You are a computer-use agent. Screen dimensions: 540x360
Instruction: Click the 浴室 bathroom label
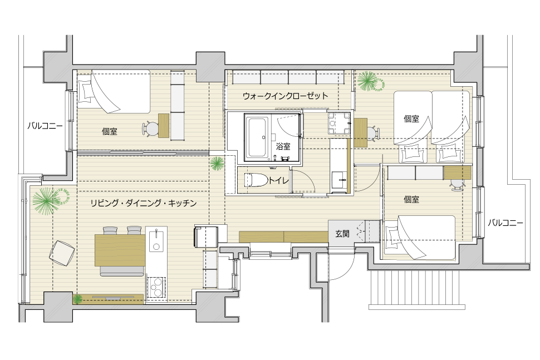point(283,147)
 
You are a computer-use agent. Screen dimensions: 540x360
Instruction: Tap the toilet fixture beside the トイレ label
point(256,180)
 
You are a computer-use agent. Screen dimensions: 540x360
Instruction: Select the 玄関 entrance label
point(342,234)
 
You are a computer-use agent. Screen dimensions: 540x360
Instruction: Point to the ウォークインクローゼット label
point(286,96)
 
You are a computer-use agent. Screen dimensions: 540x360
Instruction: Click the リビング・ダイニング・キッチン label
point(144,203)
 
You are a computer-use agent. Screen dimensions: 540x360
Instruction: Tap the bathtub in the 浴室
point(258,137)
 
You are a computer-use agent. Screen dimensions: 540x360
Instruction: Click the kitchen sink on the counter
point(156,239)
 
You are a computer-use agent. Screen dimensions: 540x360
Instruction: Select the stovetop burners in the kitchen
point(156,287)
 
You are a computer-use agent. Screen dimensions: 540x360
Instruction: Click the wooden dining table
point(120,250)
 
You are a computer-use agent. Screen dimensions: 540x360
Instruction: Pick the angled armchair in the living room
point(62,253)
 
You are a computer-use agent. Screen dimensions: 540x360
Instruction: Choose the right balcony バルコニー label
point(505,223)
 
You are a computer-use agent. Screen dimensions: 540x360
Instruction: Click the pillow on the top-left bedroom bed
point(85,91)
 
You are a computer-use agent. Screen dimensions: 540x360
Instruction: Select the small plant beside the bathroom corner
point(217,163)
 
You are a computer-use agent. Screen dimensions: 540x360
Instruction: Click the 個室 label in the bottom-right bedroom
point(411,200)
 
